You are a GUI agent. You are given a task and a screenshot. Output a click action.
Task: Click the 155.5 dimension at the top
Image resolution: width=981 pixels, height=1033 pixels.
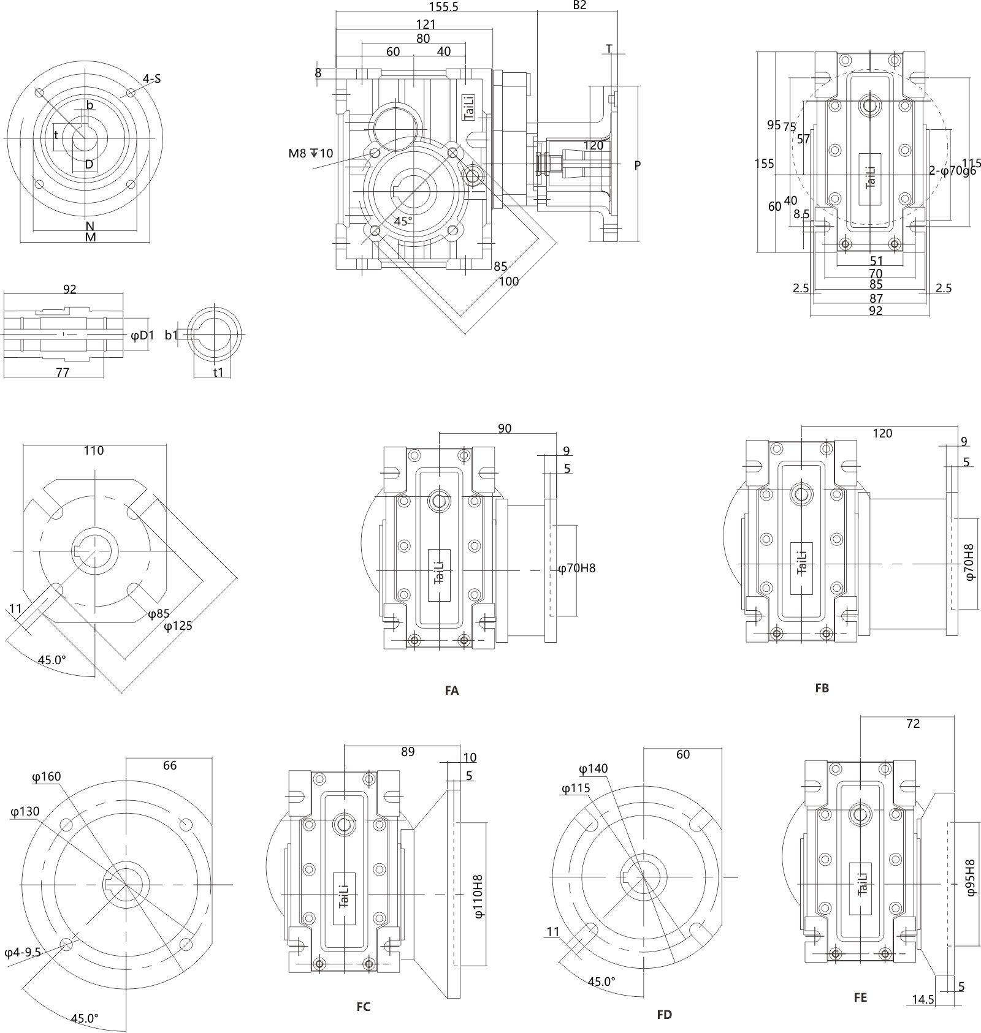443,7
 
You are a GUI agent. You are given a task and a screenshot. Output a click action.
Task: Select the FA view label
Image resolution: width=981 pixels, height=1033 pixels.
451,691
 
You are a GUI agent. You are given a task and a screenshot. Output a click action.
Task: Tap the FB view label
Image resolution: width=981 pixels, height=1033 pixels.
822,688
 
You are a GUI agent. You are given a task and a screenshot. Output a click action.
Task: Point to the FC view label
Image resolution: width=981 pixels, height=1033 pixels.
364,1007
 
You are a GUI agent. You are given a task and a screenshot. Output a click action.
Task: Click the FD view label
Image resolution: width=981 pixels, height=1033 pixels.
665,1015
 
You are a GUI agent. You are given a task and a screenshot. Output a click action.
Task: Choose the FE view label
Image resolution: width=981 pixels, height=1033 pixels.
860,997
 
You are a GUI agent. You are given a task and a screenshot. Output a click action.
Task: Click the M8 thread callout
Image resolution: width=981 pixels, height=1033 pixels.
311,153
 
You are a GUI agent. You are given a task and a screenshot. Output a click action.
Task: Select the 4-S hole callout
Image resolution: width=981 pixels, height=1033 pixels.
151,78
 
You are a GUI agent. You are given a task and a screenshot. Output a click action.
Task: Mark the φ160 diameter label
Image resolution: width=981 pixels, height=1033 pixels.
47,777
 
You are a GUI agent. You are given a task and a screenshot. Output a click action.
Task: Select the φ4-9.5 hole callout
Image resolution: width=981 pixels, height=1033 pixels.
23,952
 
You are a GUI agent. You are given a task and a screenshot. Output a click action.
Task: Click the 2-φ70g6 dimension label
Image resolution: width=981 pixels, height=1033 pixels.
952,171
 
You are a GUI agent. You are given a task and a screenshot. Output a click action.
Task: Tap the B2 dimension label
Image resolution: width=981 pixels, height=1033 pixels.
579,6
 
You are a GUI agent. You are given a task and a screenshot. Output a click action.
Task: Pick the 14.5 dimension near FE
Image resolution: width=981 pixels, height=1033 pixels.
923,1017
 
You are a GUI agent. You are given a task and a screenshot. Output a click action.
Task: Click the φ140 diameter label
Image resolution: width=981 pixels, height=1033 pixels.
594,769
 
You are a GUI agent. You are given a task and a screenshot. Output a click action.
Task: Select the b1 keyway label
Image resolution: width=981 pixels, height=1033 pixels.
171,335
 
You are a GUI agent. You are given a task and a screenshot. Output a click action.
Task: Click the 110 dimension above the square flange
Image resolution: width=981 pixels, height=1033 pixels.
94,450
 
